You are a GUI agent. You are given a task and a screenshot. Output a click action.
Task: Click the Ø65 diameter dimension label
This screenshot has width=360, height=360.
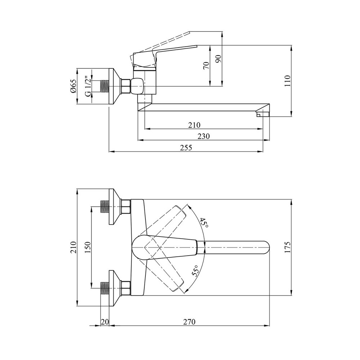[73, 86]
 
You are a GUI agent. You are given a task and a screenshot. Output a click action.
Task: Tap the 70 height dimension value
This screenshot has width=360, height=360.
[207, 66]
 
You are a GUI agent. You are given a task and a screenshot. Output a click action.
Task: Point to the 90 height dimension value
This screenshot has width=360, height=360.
[219, 59]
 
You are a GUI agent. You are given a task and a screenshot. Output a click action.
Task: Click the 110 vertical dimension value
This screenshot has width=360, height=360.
[287, 81]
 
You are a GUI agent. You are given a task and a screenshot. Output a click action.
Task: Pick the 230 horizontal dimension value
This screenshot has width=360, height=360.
[204, 136]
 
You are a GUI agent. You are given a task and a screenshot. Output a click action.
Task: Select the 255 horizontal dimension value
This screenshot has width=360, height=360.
[186, 147]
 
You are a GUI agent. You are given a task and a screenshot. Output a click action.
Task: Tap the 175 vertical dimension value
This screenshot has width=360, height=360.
[287, 247]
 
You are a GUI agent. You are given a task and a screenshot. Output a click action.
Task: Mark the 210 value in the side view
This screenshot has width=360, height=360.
[194, 125]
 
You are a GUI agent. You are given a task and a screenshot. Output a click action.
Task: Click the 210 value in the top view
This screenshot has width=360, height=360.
[73, 247]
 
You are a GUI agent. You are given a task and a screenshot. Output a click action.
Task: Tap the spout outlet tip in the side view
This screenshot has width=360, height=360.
[262, 114]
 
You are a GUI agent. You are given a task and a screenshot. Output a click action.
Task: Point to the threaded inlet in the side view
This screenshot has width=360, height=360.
[104, 86]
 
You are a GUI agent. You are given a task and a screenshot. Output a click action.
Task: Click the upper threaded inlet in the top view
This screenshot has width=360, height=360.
[105, 207]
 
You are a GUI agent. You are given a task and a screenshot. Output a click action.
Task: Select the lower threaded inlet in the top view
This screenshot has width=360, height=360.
[105, 288]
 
